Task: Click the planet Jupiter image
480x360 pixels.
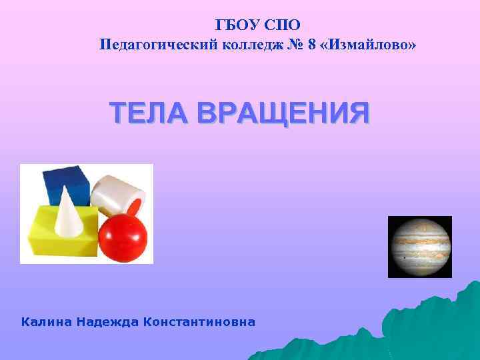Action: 419,247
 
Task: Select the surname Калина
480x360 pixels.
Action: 47,322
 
